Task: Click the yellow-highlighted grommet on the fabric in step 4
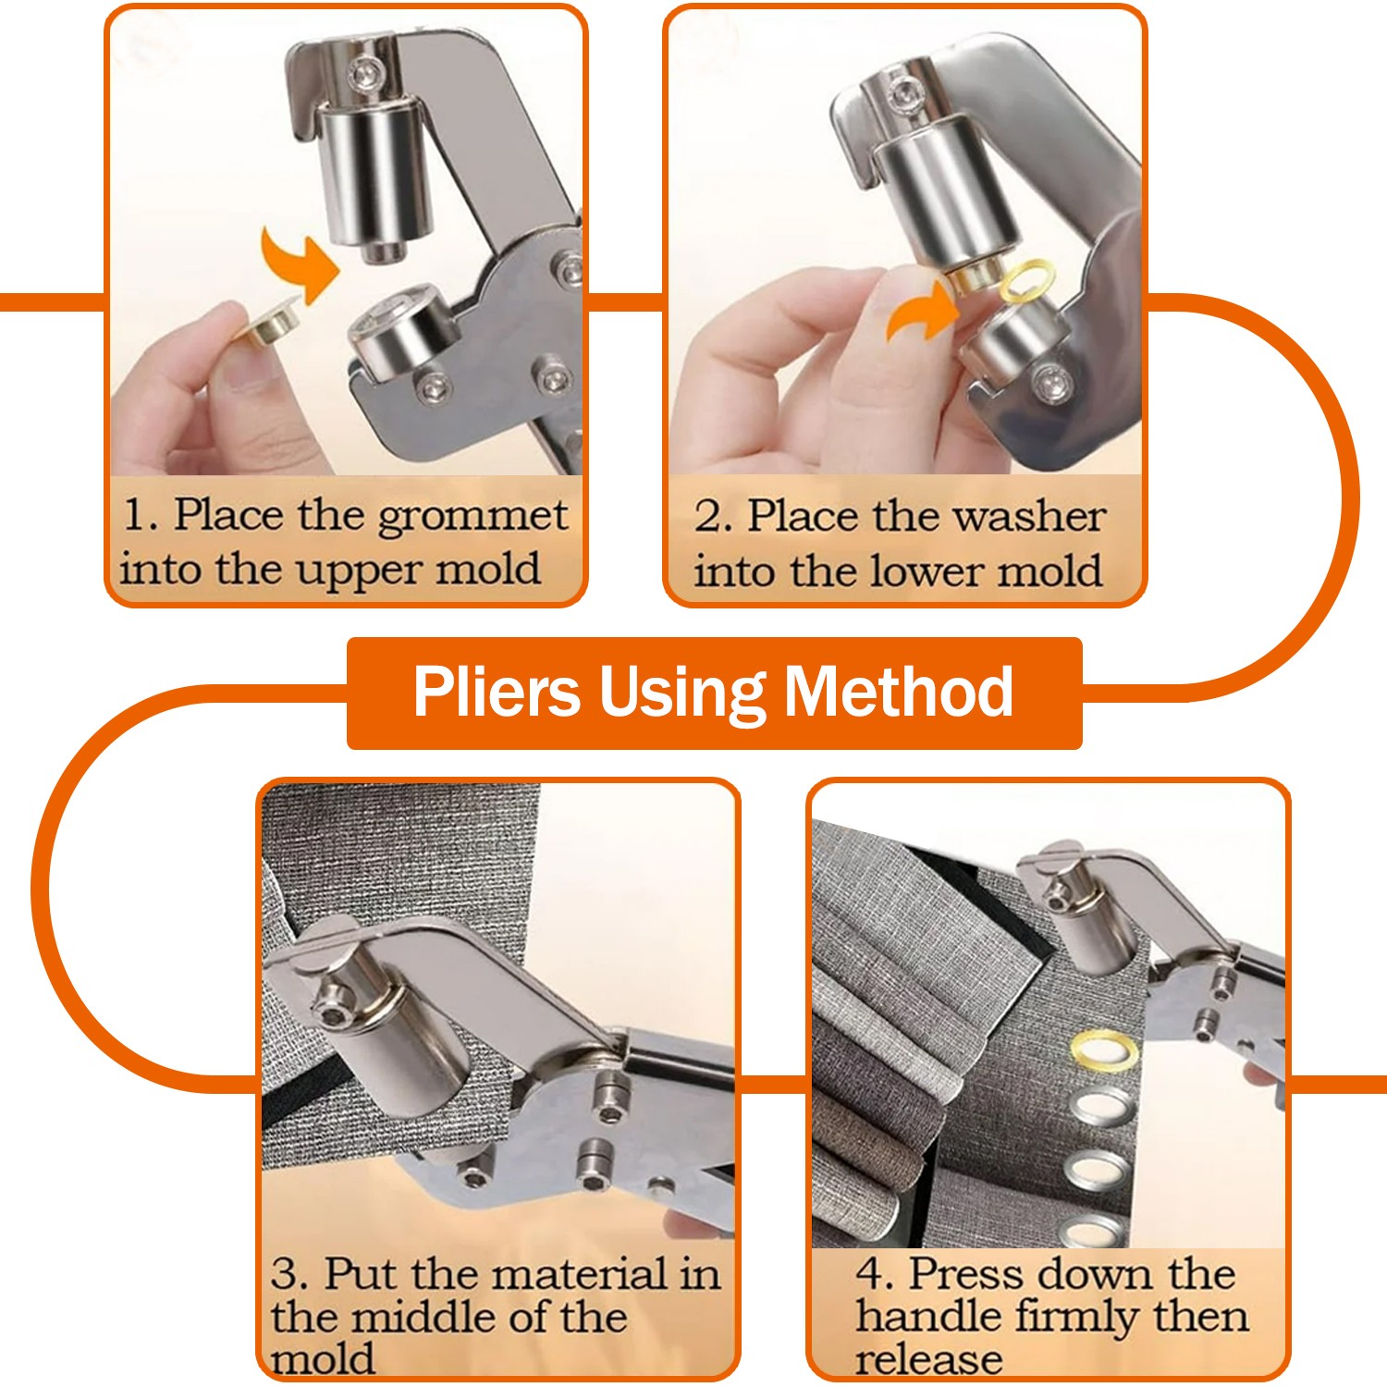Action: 1104,1050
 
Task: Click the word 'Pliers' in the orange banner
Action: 497,692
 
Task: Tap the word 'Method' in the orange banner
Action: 899,692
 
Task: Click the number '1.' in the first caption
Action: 142,515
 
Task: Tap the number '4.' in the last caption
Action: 874,1274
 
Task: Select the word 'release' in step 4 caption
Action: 927,1359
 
